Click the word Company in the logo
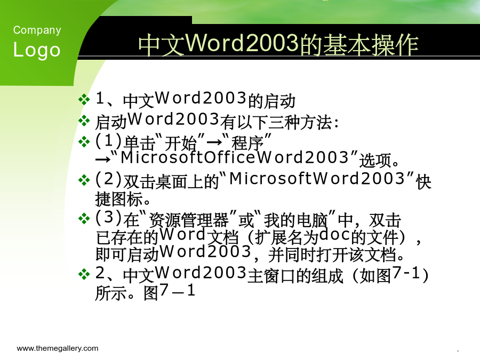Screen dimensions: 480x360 [37, 30]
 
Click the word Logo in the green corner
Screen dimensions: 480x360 [37, 50]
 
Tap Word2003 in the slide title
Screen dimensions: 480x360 [242, 43]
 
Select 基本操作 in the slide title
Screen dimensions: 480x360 [371, 45]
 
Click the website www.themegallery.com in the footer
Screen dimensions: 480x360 [58, 348]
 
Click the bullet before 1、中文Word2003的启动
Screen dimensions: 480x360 [84, 100]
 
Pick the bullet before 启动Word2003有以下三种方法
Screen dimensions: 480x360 [84, 121]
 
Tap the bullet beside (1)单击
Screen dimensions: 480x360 [84, 142]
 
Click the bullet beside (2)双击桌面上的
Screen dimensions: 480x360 [84, 180]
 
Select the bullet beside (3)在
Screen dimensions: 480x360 [84, 219]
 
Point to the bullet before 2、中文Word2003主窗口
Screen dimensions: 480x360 [84, 274]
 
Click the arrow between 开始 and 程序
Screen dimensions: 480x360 [214, 142]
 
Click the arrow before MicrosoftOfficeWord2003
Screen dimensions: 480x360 [103, 159]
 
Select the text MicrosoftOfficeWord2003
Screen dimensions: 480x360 [235, 157]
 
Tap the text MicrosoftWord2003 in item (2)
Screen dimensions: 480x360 [317, 179]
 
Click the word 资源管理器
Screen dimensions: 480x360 [188, 220]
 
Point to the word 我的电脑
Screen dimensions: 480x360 [295, 220]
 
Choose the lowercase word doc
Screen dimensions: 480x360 [334, 235]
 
